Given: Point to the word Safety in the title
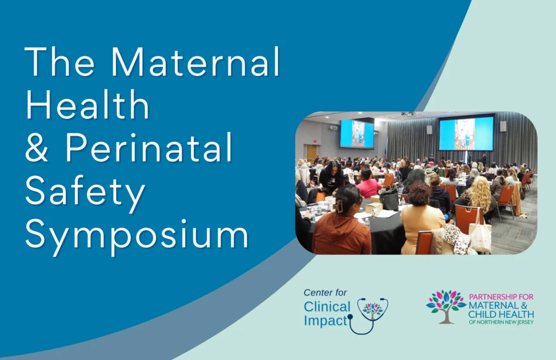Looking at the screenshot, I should (86, 190).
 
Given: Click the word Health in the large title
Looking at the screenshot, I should (87, 104).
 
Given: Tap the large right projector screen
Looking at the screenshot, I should (466, 134).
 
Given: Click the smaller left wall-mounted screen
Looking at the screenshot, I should (357, 134).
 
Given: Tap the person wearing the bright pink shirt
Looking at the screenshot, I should (369, 187).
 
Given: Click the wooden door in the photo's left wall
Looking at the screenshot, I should (311, 154).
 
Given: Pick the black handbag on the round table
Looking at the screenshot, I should (389, 199).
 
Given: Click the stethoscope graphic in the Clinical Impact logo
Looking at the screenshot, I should (369, 315).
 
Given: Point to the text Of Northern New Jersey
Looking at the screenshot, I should (501, 322).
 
